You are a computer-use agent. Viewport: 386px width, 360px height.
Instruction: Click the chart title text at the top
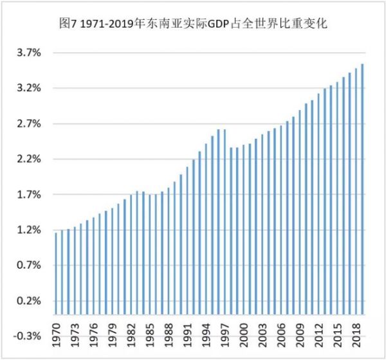tap(193, 24)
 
